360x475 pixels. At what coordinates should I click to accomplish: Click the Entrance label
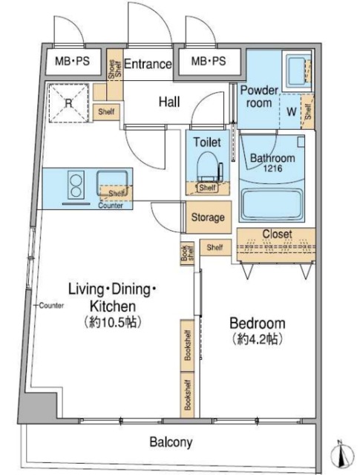148,64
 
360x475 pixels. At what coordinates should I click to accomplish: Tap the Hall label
169,102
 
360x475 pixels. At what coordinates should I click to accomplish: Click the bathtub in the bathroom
272,204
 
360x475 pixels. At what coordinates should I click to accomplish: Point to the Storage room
208,217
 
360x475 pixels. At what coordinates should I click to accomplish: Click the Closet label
277,234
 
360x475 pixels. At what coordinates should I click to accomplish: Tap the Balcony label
171,442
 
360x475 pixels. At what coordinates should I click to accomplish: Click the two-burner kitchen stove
76,185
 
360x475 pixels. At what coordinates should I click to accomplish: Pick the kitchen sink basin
112,183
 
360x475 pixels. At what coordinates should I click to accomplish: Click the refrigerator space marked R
68,103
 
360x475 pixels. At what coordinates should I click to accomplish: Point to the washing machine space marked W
291,111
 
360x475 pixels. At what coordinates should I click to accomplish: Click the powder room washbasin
296,71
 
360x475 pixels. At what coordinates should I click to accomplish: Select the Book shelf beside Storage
187,254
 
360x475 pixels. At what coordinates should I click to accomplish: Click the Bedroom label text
258,323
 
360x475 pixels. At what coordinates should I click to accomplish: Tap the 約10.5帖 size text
112,322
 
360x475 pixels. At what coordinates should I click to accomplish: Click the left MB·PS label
73,61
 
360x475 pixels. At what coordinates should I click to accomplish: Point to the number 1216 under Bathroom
272,168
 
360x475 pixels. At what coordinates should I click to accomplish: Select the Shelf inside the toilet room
208,188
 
